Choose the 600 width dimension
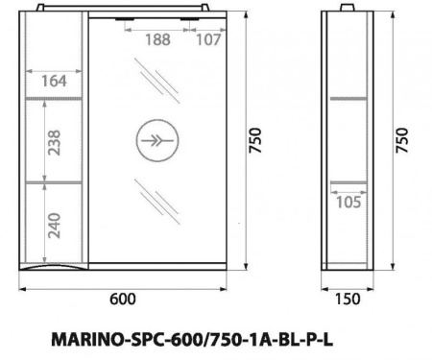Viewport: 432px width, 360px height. tap(122, 299)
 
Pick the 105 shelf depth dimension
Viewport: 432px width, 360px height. tap(347, 201)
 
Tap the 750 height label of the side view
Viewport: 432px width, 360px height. tap(402, 141)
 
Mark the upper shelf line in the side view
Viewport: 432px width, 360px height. tap(348, 98)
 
